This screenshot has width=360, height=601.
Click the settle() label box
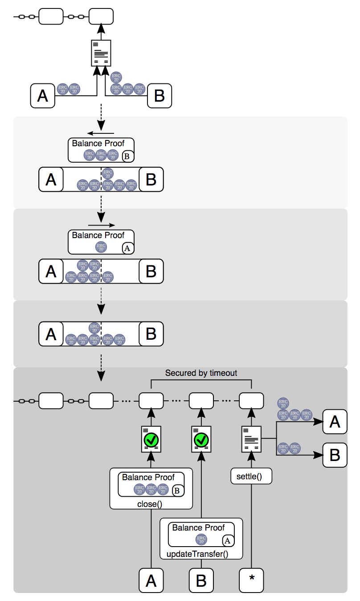click(251, 477)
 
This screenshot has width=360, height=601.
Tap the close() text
click(151, 504)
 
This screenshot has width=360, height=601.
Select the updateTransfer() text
click(197, 555)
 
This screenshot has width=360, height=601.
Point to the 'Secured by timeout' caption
click(201, 373)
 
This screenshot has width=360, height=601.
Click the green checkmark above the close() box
click(151, 440)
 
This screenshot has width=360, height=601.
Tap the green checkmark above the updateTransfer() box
click(201, 440)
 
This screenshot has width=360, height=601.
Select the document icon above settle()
click(251, 439)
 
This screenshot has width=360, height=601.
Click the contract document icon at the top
click(101, 53)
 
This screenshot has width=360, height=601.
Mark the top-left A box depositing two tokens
click(42, 95)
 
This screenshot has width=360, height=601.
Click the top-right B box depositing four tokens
click(159, 95)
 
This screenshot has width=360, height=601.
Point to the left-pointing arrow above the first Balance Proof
click(101, 133)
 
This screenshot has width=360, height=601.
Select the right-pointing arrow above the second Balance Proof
click(102, 225)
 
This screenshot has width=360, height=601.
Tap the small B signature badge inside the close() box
click(176, 490)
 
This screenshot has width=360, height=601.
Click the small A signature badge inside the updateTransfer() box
click(227, 541)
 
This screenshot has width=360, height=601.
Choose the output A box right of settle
click(335, 421)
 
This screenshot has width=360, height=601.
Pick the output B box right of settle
click(335, 455)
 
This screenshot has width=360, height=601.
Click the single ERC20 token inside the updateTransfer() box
click(201, 539)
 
